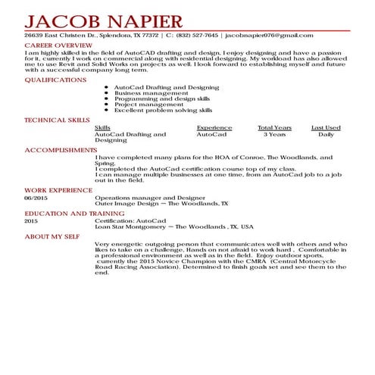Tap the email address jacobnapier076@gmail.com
pos(269,36)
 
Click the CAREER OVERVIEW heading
pos(58,45)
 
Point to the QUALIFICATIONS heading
pos(56,80)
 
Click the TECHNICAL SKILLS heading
pos(57,120)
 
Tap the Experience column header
pos(214,128)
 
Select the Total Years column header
pos(274,128)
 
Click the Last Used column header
pos(326,128)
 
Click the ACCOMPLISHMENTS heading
pos(61,150)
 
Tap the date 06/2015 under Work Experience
pos(36,198)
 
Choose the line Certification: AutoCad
pos(125,221)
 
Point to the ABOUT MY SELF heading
pos(52,236)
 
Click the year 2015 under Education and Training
pos(31,221)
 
